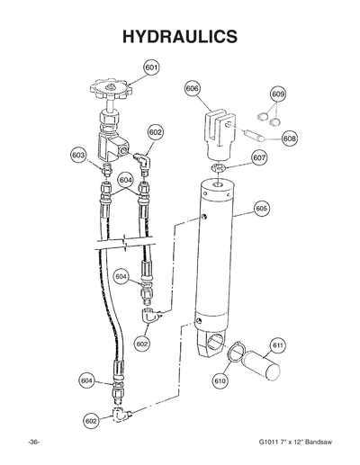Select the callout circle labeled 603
coord(78,154)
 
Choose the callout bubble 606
coord(193,89)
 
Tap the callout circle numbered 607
coord(259,157)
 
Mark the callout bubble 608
coord(290,139)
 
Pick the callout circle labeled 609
coord(278,94)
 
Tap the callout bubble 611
coord(278,344)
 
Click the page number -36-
coord(34,444)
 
